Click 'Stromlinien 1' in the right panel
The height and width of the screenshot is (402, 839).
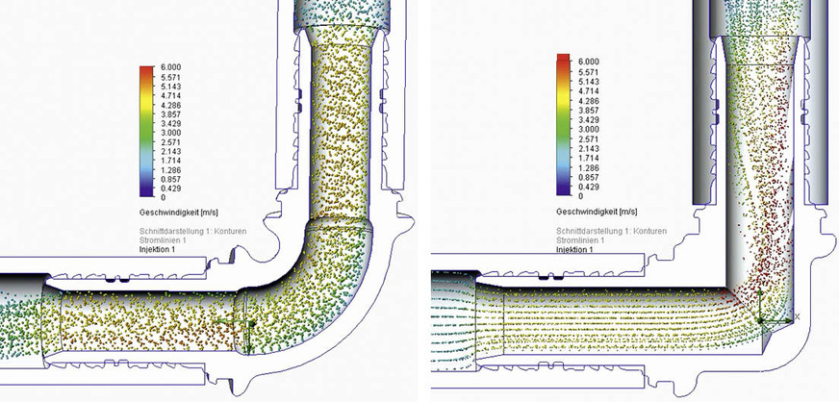[x=581, y=240]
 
